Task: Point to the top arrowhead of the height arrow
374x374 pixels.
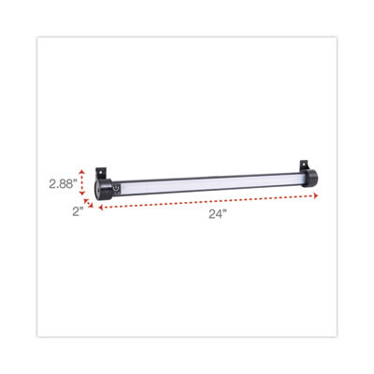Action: click(83, 169)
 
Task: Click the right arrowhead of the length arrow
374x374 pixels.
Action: click(317, 195)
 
